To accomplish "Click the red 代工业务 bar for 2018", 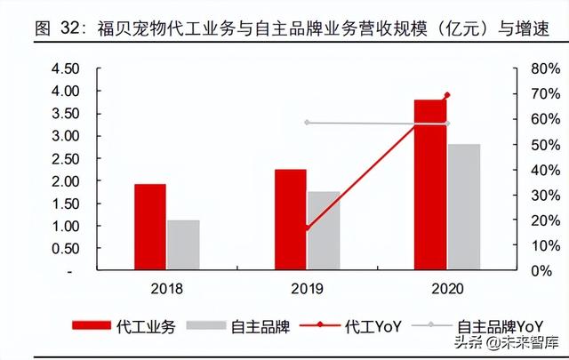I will point(150,227).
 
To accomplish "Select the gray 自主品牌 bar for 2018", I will point(183,245).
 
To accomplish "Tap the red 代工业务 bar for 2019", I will point(290,220).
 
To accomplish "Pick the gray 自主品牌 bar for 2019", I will point(324,230).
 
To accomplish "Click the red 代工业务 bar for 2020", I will point(429,185).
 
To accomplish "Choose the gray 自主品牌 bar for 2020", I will point(463,207).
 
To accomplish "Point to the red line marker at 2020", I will point(446,95).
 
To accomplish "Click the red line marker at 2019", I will point(307,228).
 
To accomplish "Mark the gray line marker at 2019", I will point(307,122).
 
